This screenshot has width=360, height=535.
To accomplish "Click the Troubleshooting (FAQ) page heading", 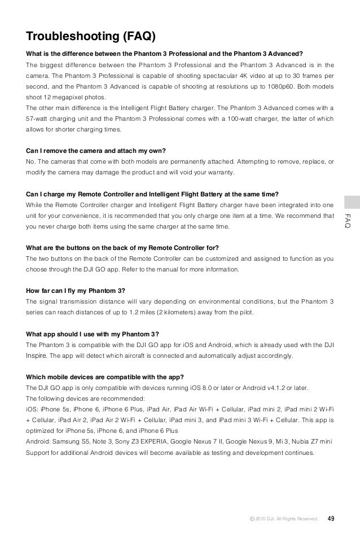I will pyautogui.click(x=91, y=37).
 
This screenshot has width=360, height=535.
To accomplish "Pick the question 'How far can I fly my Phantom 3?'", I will pyautogui.click(x=76, y=291).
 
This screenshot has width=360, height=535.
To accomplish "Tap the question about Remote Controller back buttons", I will pyautogui.click(x=123, y=248).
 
